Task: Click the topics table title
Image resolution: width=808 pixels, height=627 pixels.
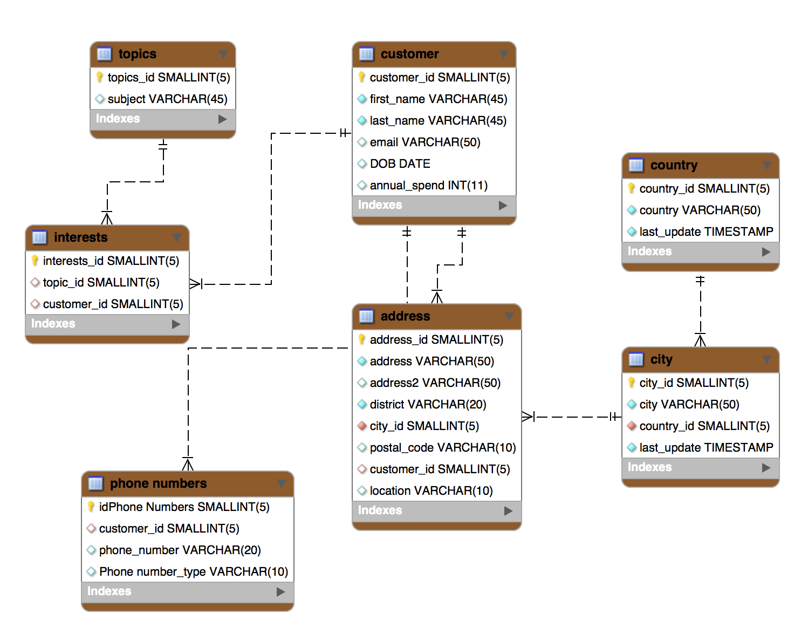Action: pos(137,54)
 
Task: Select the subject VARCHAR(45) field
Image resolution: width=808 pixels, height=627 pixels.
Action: pos(167,99)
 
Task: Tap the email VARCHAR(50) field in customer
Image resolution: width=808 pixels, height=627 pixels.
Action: pos(424,142)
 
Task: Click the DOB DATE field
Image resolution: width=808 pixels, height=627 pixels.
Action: pos(400,164)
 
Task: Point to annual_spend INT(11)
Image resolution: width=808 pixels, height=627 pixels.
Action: pos(428,186)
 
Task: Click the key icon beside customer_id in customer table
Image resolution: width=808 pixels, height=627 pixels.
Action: pos(362,78)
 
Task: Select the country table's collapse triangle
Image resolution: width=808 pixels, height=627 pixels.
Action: pos(766,165)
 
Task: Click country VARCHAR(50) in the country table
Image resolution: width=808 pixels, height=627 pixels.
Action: pos(700,210)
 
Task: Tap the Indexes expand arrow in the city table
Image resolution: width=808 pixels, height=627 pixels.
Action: pos(766,468)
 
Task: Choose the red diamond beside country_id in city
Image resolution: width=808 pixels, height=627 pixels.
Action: pos(632,426)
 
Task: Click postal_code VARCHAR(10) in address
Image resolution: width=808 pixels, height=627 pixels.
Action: pos(442,448)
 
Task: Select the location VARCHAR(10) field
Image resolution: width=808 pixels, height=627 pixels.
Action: pos(431,491)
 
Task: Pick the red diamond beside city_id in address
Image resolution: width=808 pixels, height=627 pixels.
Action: pos(362,426)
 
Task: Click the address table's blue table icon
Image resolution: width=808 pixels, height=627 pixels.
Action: pos(366,316)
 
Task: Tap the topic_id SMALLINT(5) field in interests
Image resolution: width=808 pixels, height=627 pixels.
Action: pos(101,283)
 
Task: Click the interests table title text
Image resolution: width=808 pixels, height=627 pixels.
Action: pos(81,237)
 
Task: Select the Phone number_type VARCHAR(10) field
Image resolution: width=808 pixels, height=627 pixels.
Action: pos(193,572)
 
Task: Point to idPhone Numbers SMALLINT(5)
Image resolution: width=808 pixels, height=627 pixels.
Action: pos(184,507)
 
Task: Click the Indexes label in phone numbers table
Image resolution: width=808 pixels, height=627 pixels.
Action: pos(109,591)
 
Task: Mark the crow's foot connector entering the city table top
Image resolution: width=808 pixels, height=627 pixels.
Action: pos(700,340)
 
